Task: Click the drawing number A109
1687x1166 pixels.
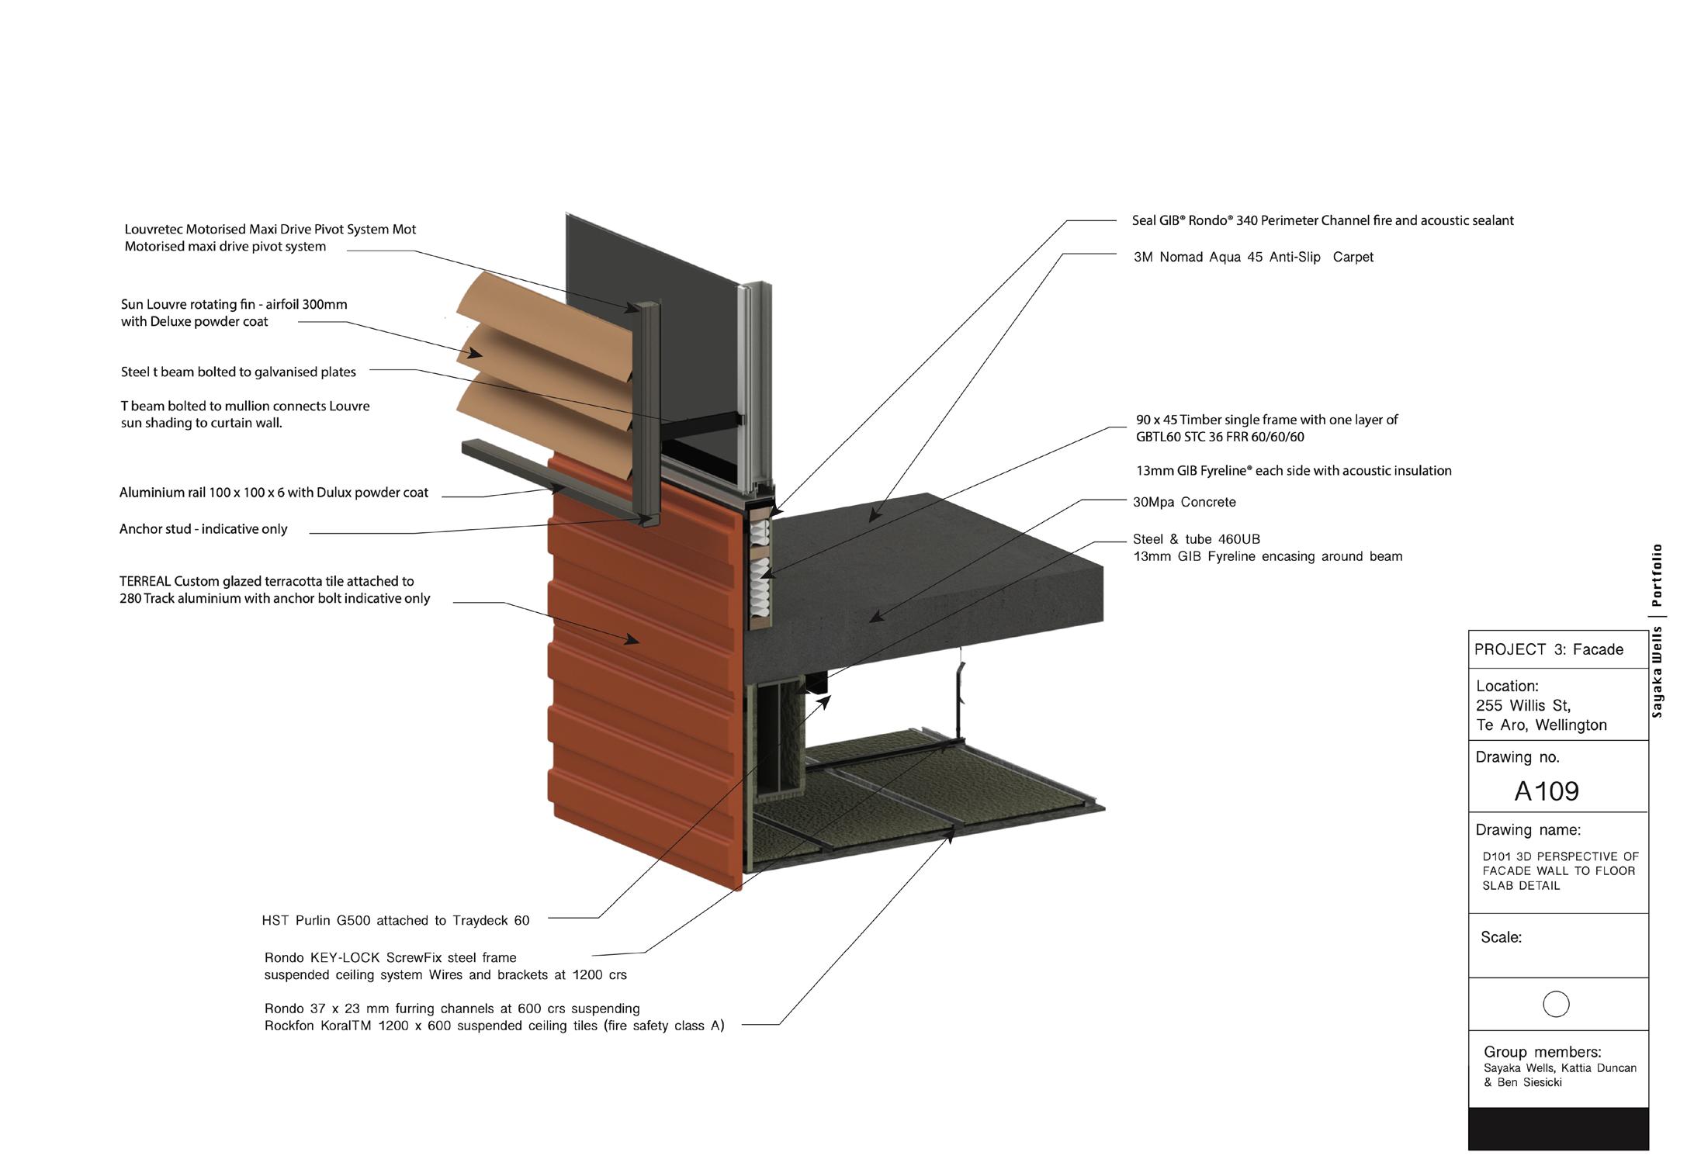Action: (x=1547, y=791)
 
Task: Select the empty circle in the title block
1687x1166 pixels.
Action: (x=1556, y=1004)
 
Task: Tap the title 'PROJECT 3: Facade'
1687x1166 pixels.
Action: (x=1548, y=649)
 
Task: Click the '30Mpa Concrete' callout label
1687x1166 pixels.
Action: (x=1184, y=502)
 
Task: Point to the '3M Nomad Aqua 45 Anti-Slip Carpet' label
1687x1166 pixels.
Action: (x=1253, y=257)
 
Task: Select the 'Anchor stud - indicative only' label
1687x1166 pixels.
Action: (x=203, y=529)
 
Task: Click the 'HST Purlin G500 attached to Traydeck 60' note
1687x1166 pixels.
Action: (x=396, y=921)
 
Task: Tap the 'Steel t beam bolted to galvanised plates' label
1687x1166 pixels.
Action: (x=238, y=372)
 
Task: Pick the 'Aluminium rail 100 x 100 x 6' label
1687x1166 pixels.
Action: (x=273, y=493)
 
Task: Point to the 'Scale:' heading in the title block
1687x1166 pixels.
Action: (x=1501, y=937)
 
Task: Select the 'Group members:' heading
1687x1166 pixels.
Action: (x=1542, y=1052)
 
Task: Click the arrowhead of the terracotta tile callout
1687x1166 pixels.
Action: (x=634, y=640)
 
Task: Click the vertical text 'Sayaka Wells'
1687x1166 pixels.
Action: (x=1657, y=672)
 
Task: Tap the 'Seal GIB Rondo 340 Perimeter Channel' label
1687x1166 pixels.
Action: (x=1322, y=220)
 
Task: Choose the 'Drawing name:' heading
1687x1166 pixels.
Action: (x=1527, y=830)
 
